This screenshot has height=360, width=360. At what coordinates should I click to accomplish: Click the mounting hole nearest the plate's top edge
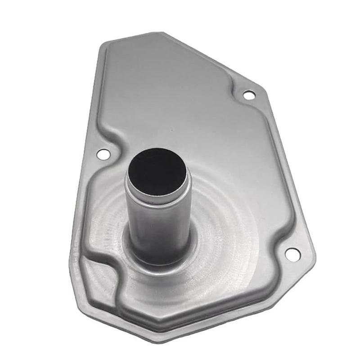point(249,95)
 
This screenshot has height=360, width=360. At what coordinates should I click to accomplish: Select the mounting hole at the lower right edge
point(292,254)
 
